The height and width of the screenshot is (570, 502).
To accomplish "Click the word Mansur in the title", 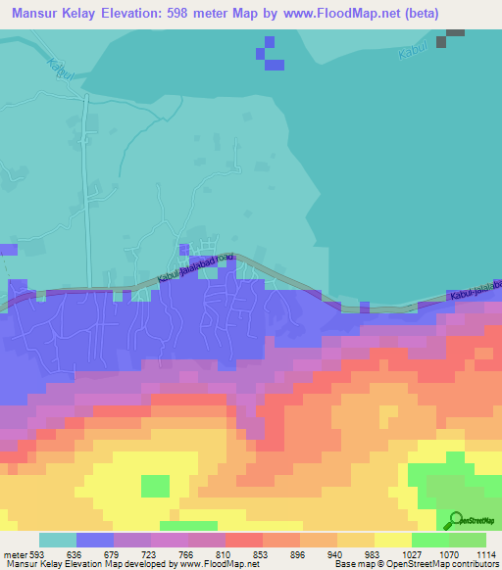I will [38, 13].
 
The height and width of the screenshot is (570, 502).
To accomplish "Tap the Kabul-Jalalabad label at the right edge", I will [475, 291].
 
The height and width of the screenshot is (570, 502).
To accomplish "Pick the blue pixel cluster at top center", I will [270, 56].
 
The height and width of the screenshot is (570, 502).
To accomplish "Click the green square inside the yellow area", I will [155, 486].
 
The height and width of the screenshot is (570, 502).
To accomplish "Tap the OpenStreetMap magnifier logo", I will [453, 520].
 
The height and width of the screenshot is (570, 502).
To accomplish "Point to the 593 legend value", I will [38, 553].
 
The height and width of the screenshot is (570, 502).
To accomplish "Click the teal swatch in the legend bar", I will [58, 540].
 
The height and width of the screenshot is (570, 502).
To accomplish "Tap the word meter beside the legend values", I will [15, 553].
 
